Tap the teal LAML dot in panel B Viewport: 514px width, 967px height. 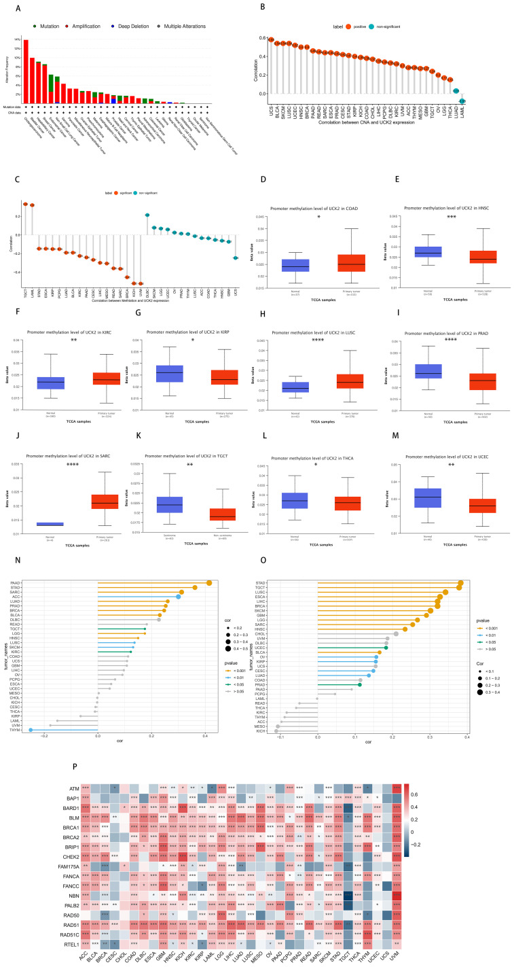tap(462, 101)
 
